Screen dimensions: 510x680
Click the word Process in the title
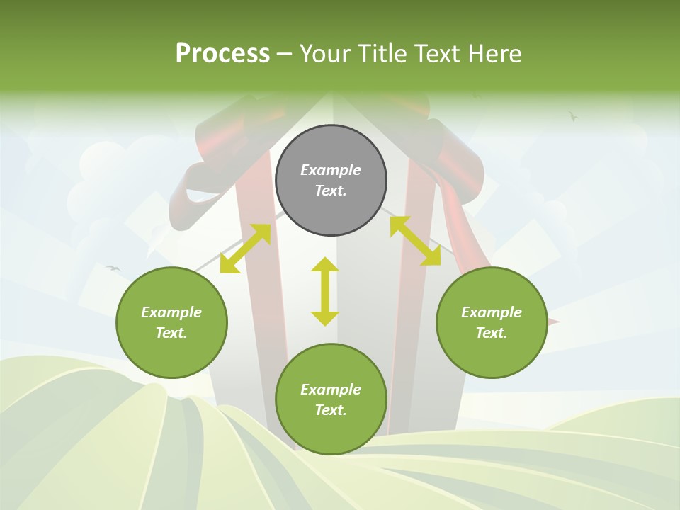coord(222,54)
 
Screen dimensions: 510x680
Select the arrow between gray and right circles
coord(415,241)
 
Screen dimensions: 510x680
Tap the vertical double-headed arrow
coord(325,291)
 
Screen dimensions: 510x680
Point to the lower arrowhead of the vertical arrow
coord(325,318)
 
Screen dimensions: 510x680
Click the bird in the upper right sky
coord(572,115)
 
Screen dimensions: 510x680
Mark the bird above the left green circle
coord(113,268)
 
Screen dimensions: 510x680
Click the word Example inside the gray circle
coord(331,170)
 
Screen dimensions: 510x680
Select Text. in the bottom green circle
coord(331,410)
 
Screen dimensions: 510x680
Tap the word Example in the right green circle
coord(492,312)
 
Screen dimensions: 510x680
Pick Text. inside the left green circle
coord(171,333)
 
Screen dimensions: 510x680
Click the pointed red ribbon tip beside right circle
coord(556,322)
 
